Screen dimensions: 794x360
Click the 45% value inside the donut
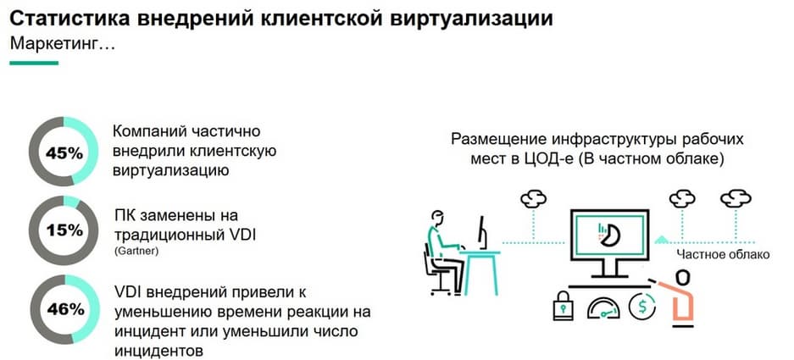(64, 153)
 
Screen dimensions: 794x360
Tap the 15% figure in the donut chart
(64, 230)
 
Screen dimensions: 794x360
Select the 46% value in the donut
(65, 309)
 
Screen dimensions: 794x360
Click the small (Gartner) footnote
(136, 251)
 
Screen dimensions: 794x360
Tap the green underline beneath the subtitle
(34, 64)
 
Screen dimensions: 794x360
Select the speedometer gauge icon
(603, 307)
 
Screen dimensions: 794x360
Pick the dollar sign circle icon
(642, 306)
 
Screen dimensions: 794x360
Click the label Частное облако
(723, 254)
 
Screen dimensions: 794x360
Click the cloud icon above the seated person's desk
(534, 198)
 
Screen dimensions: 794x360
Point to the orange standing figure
(679, 296)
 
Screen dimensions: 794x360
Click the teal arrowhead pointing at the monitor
(661, 239)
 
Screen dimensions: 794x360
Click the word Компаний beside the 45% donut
(150, 131)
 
